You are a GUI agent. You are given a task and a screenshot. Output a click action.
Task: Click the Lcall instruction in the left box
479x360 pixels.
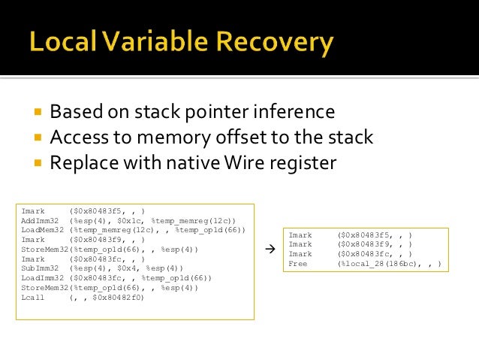[x=33, y=297]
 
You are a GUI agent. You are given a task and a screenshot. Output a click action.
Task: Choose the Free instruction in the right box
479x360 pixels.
[x=298, y=264]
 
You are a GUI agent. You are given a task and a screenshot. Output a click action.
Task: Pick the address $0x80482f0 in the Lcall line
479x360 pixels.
[x=116, y=297]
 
